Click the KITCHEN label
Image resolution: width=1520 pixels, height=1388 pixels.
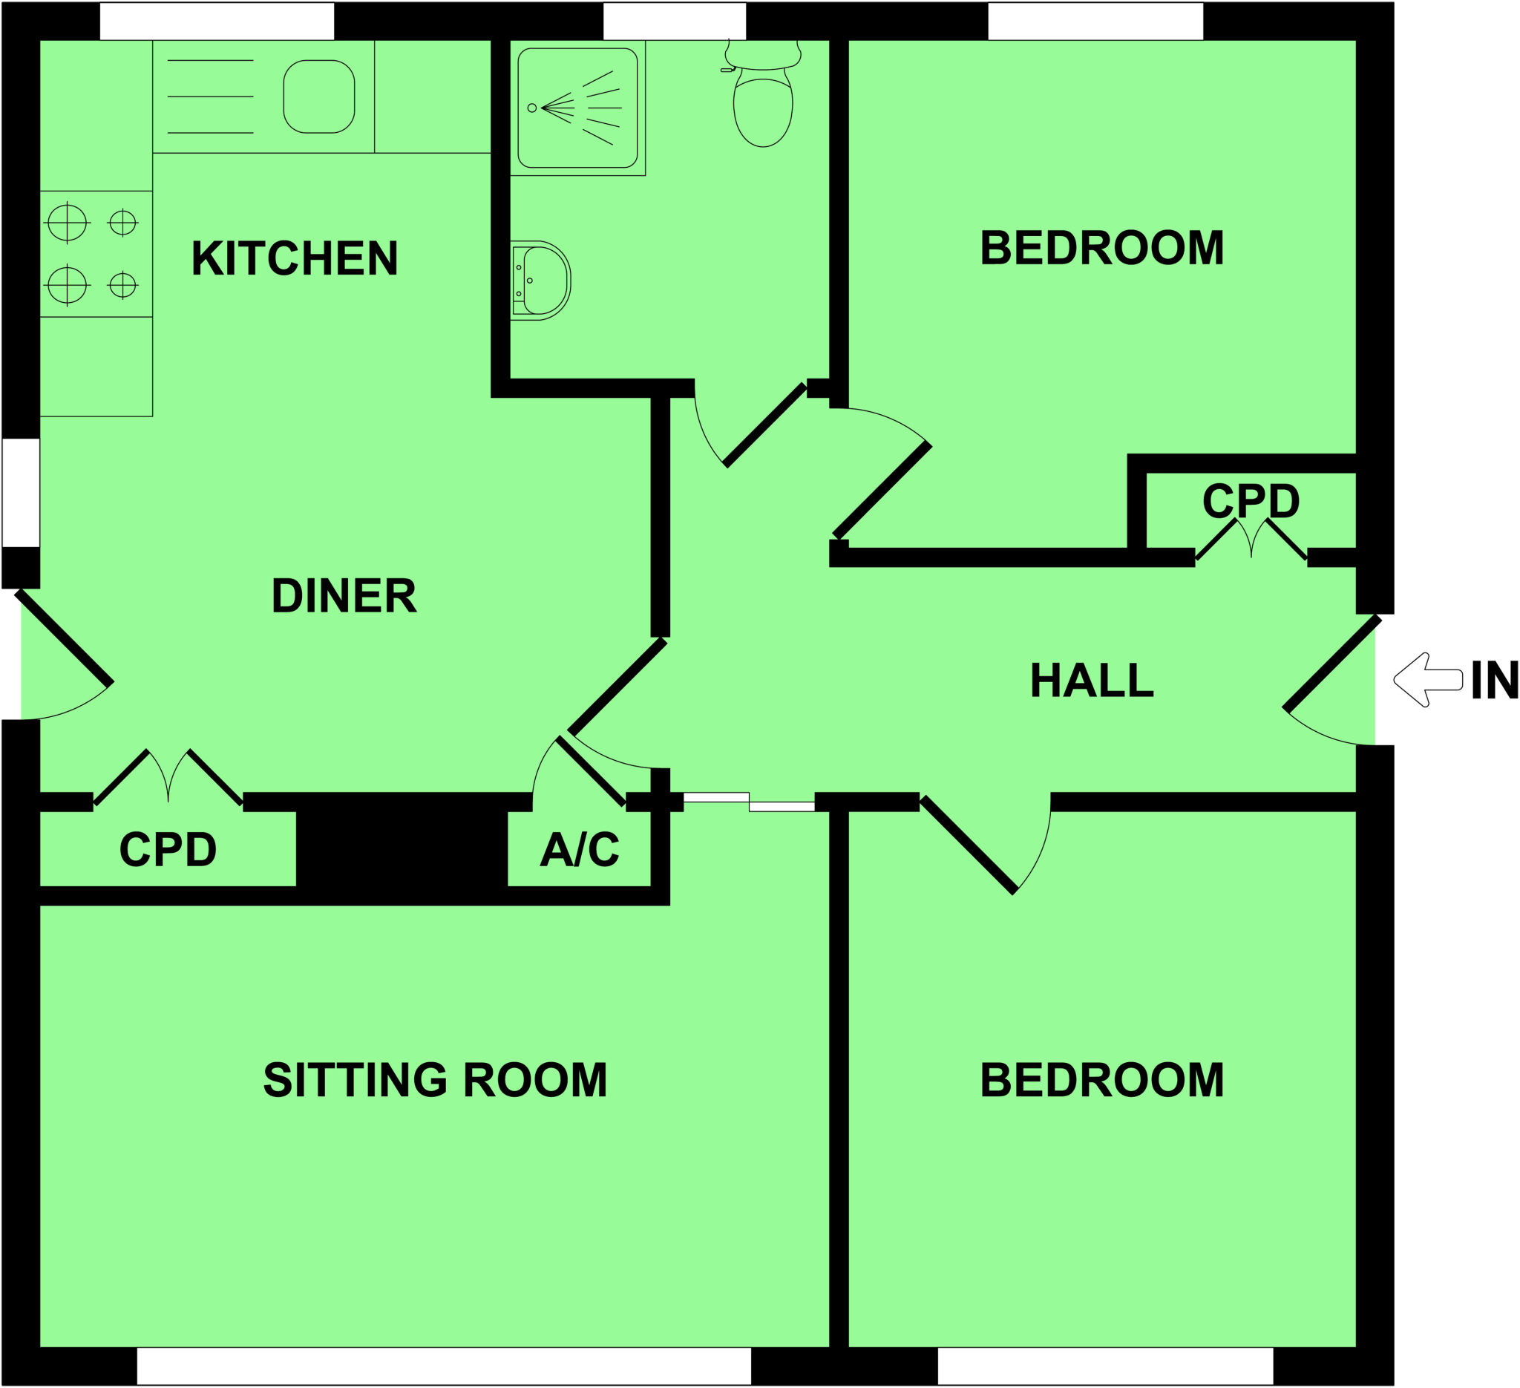click(x=294, y=258)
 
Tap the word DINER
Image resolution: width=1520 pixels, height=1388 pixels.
click(x=344, y=595)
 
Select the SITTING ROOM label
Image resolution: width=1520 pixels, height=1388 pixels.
click(x=435, y=1081)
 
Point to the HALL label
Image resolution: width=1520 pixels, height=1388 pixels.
click(x=1091, y=680)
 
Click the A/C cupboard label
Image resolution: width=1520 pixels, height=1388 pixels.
click(x=580, y=849)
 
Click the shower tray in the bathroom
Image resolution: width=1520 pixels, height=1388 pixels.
click(x=577, y=108)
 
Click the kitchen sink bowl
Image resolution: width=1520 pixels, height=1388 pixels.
click(x=319, y=96)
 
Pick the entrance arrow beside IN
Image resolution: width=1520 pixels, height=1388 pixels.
click(x=1427, y=679)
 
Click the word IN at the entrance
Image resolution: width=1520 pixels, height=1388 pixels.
click(x=1493, y=680)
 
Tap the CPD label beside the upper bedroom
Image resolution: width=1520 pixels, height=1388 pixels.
click(x=1251, y=500)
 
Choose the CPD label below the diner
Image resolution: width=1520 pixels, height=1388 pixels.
click(x=168, y=849)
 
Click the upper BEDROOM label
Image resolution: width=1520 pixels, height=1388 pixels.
click(x=1101, y=247)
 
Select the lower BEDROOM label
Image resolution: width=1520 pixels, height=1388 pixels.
click(x=1101, y=1081)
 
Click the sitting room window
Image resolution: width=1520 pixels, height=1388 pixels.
click(x=443, y=1366)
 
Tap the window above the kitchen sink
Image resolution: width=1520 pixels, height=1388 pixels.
click(x=217, y=21)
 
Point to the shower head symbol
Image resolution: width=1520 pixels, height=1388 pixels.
click(x=532, y=108)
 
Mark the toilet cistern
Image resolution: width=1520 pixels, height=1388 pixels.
click(x=762, y=55)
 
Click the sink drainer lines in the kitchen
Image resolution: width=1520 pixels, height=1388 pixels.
click(x=209, y=96)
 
